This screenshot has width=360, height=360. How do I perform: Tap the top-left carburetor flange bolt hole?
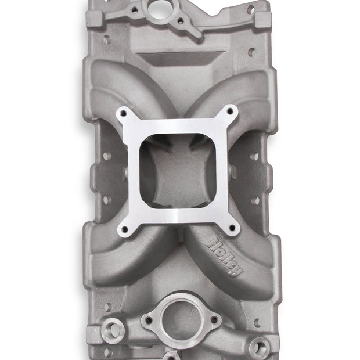tap(124, 113)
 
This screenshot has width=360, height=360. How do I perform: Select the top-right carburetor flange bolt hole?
tap(230, 111)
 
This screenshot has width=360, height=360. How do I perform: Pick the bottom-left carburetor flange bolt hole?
tap(125, 229)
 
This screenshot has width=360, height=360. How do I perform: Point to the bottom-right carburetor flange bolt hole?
tap(232, 228)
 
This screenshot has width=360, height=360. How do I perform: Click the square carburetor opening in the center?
tap(178, 171)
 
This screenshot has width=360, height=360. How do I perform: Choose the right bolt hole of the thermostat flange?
tap(214, 319)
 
